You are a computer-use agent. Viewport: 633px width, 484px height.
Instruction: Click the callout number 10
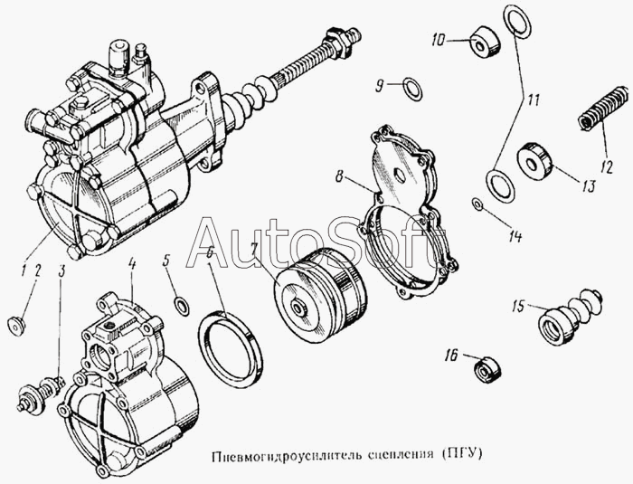pyautogui.click(x=439, y=40)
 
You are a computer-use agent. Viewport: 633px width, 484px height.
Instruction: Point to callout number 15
pyautogui.click(x=518, y=306)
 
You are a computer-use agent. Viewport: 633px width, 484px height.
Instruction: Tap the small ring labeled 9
pyautogui.click(x=411, y=87)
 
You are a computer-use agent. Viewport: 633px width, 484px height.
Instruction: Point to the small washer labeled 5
pyautogui.click(x=181, y=303)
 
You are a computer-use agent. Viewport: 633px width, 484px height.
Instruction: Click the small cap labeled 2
pyautogui.click(x=16, y=324)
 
